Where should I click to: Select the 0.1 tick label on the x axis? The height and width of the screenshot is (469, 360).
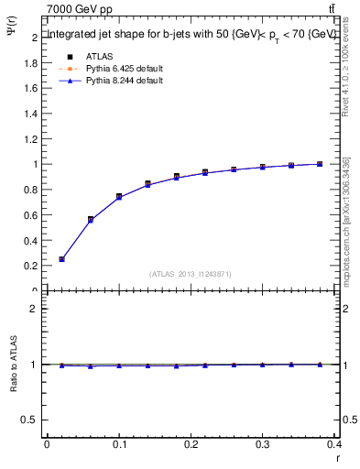[x=119, y=444]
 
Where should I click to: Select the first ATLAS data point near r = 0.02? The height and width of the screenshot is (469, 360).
[x=61, y=259]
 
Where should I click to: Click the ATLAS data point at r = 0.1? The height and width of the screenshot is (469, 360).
[x=119, y=197]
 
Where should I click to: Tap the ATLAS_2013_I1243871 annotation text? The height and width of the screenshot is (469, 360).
[x=190, y=274]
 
